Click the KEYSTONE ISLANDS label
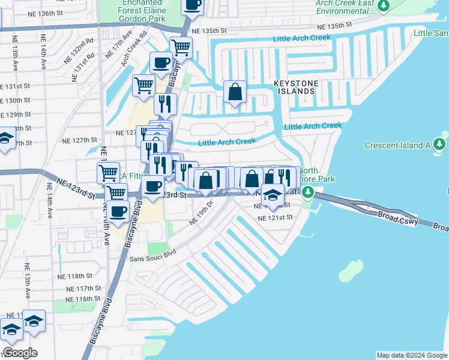294,86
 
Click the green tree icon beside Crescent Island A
440,145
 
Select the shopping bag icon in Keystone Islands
235,93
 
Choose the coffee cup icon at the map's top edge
193,5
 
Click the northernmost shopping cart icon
180,47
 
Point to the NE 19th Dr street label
202,213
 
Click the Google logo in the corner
20,353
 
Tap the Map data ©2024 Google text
411,355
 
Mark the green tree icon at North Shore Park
308,192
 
